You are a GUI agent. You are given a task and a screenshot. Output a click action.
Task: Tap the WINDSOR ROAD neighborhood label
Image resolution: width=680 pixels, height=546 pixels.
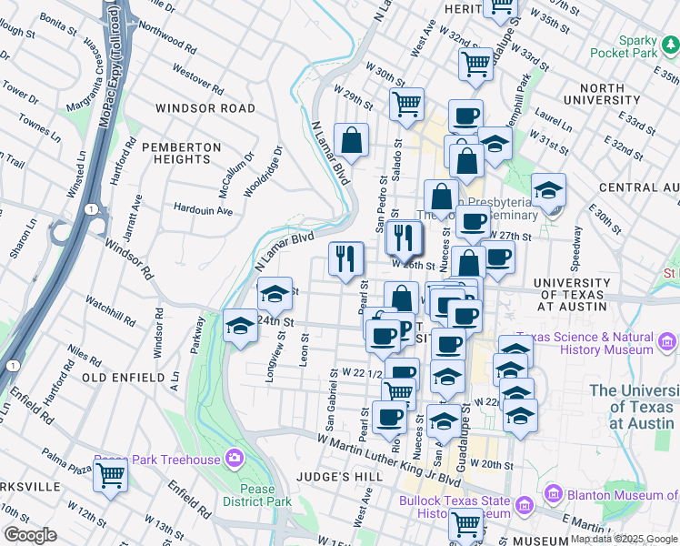[205, 108]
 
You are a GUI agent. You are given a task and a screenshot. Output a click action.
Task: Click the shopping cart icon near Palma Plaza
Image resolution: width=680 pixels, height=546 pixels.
[110, 474]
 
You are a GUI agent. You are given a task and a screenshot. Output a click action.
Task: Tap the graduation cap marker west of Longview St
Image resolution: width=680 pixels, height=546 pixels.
[240, 326]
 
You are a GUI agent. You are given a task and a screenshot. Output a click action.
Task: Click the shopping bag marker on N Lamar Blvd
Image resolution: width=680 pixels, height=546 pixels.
[351, 141]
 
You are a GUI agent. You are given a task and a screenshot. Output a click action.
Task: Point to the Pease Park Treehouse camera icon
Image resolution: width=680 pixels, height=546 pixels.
[235, 458]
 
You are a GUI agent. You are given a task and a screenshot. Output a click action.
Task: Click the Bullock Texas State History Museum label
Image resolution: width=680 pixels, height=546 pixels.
[452, 507]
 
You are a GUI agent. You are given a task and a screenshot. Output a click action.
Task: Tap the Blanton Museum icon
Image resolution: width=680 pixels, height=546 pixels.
[551, 492]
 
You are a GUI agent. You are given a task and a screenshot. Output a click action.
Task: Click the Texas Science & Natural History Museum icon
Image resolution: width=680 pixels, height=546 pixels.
[668, 343]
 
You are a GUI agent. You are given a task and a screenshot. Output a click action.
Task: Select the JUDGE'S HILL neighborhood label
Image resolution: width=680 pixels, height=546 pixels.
[337, 476]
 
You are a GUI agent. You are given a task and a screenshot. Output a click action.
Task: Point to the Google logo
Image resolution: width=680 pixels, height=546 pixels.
[30, 535]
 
